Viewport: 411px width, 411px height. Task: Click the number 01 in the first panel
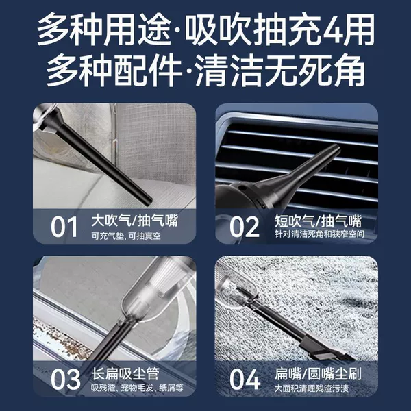(64, 227)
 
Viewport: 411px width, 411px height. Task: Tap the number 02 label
(245, 227)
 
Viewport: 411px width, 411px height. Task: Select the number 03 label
(66, 379)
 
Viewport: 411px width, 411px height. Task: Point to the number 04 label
(245, 379)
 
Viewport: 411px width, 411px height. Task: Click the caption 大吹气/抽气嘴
(135, 221)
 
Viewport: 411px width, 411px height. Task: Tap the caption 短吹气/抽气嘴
(318, 221)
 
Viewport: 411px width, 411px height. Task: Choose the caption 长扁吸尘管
(125, 373)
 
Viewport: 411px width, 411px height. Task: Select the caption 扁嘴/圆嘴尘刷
(318, 373)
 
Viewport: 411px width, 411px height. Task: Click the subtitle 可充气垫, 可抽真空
(126, 236)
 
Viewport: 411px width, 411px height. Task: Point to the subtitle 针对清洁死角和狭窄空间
(319, 234)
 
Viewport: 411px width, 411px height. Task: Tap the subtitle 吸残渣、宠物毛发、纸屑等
(137, 388)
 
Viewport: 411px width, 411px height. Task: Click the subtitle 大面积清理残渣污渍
(312, 388)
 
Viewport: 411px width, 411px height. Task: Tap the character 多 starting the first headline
(53, 30)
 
